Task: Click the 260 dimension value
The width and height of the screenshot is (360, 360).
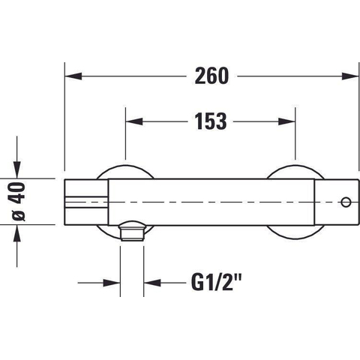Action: tap(211, 76)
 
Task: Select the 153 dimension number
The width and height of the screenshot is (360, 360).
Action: tap(211, 121)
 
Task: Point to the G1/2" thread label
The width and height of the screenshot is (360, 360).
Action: tap(216, 283)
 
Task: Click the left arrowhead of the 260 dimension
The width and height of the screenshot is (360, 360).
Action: tap(73, 76)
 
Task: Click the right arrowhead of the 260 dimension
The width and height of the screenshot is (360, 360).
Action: tap(350, 76)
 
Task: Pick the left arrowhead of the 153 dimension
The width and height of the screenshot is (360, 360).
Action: tap(134, 121)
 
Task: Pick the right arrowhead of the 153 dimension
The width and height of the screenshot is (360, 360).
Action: tap(286, 121)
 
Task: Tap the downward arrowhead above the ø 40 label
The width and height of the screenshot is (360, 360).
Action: tap(17, 170)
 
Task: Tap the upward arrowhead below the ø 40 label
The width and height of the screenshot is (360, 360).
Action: tap(17, 233)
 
